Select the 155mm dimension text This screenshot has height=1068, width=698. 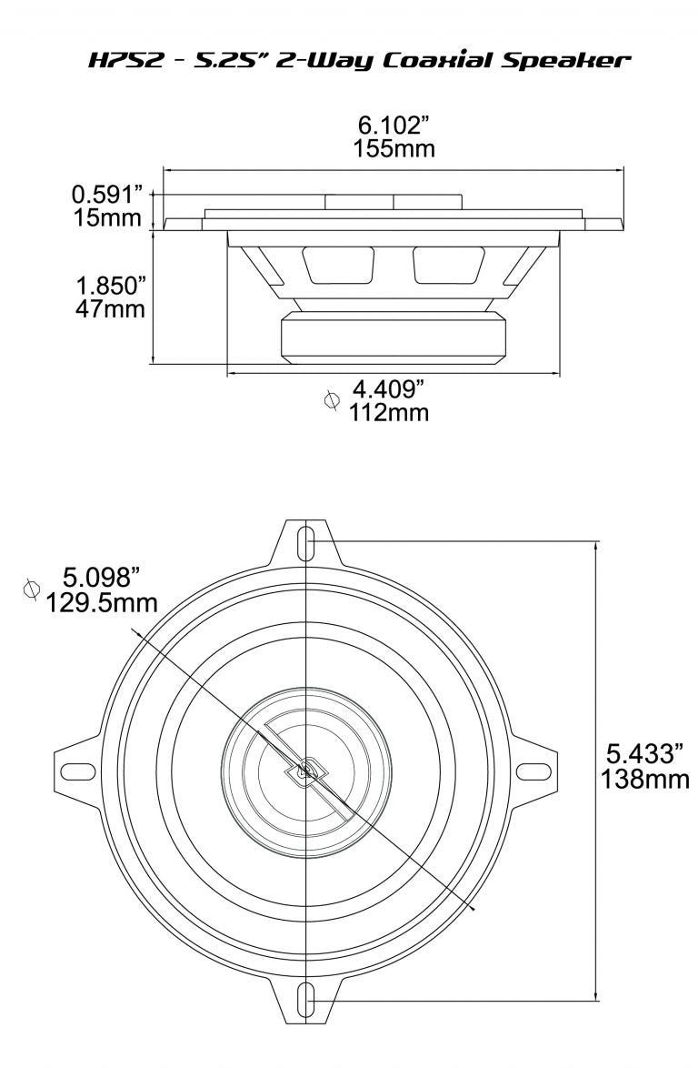click(394, 148)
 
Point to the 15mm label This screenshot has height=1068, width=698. click(108, 218)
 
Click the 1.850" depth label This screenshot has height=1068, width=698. click(110, 285)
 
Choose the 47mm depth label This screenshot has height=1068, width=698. click(110, 308)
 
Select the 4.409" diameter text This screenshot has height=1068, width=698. click(388, 390)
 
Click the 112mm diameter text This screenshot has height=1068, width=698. click(388, 413)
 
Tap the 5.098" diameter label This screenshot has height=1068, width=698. click(102, 577)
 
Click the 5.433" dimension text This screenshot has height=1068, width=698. click(644, 754)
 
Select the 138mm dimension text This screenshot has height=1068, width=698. click(644, 779)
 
